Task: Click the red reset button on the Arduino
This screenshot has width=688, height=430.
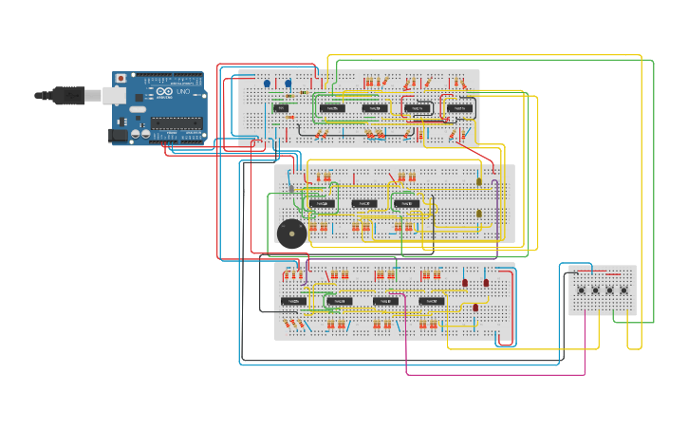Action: pyautogui.click(x=120, y=78)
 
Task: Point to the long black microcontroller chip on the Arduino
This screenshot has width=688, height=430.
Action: pyautogui.click(x=177, y=122)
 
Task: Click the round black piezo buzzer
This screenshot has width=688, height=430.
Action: pyautogui.click(x=291, y=233)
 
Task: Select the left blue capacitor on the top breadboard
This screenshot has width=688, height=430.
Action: pyautogui.click(x=267, y=84)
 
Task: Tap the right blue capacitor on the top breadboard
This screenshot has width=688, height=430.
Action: pyautogui.click(x=288, y=84)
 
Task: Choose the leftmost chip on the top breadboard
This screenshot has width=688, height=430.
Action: pyautogui.click(x=280, y=109)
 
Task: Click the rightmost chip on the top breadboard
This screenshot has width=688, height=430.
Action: pyautogui.click(x=460, y=109)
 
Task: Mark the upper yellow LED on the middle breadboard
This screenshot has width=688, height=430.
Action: pyautogui.click(x=479, y=180)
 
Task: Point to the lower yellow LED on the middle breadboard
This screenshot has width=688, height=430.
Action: pyautogui.click(x=479, y=214)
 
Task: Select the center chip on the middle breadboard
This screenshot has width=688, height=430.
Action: pyautogui.click(x=363, y=203)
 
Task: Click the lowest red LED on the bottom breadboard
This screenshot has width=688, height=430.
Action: pyautogui.click(x=475, y=307)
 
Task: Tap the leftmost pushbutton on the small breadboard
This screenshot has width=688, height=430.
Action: pyautogui.click(x=581, y=290)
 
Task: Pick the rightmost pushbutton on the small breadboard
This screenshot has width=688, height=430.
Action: pyautogui.click(x=623, y=290)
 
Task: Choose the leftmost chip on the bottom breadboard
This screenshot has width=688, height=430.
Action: pyautogui.click(x=292, y=301)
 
